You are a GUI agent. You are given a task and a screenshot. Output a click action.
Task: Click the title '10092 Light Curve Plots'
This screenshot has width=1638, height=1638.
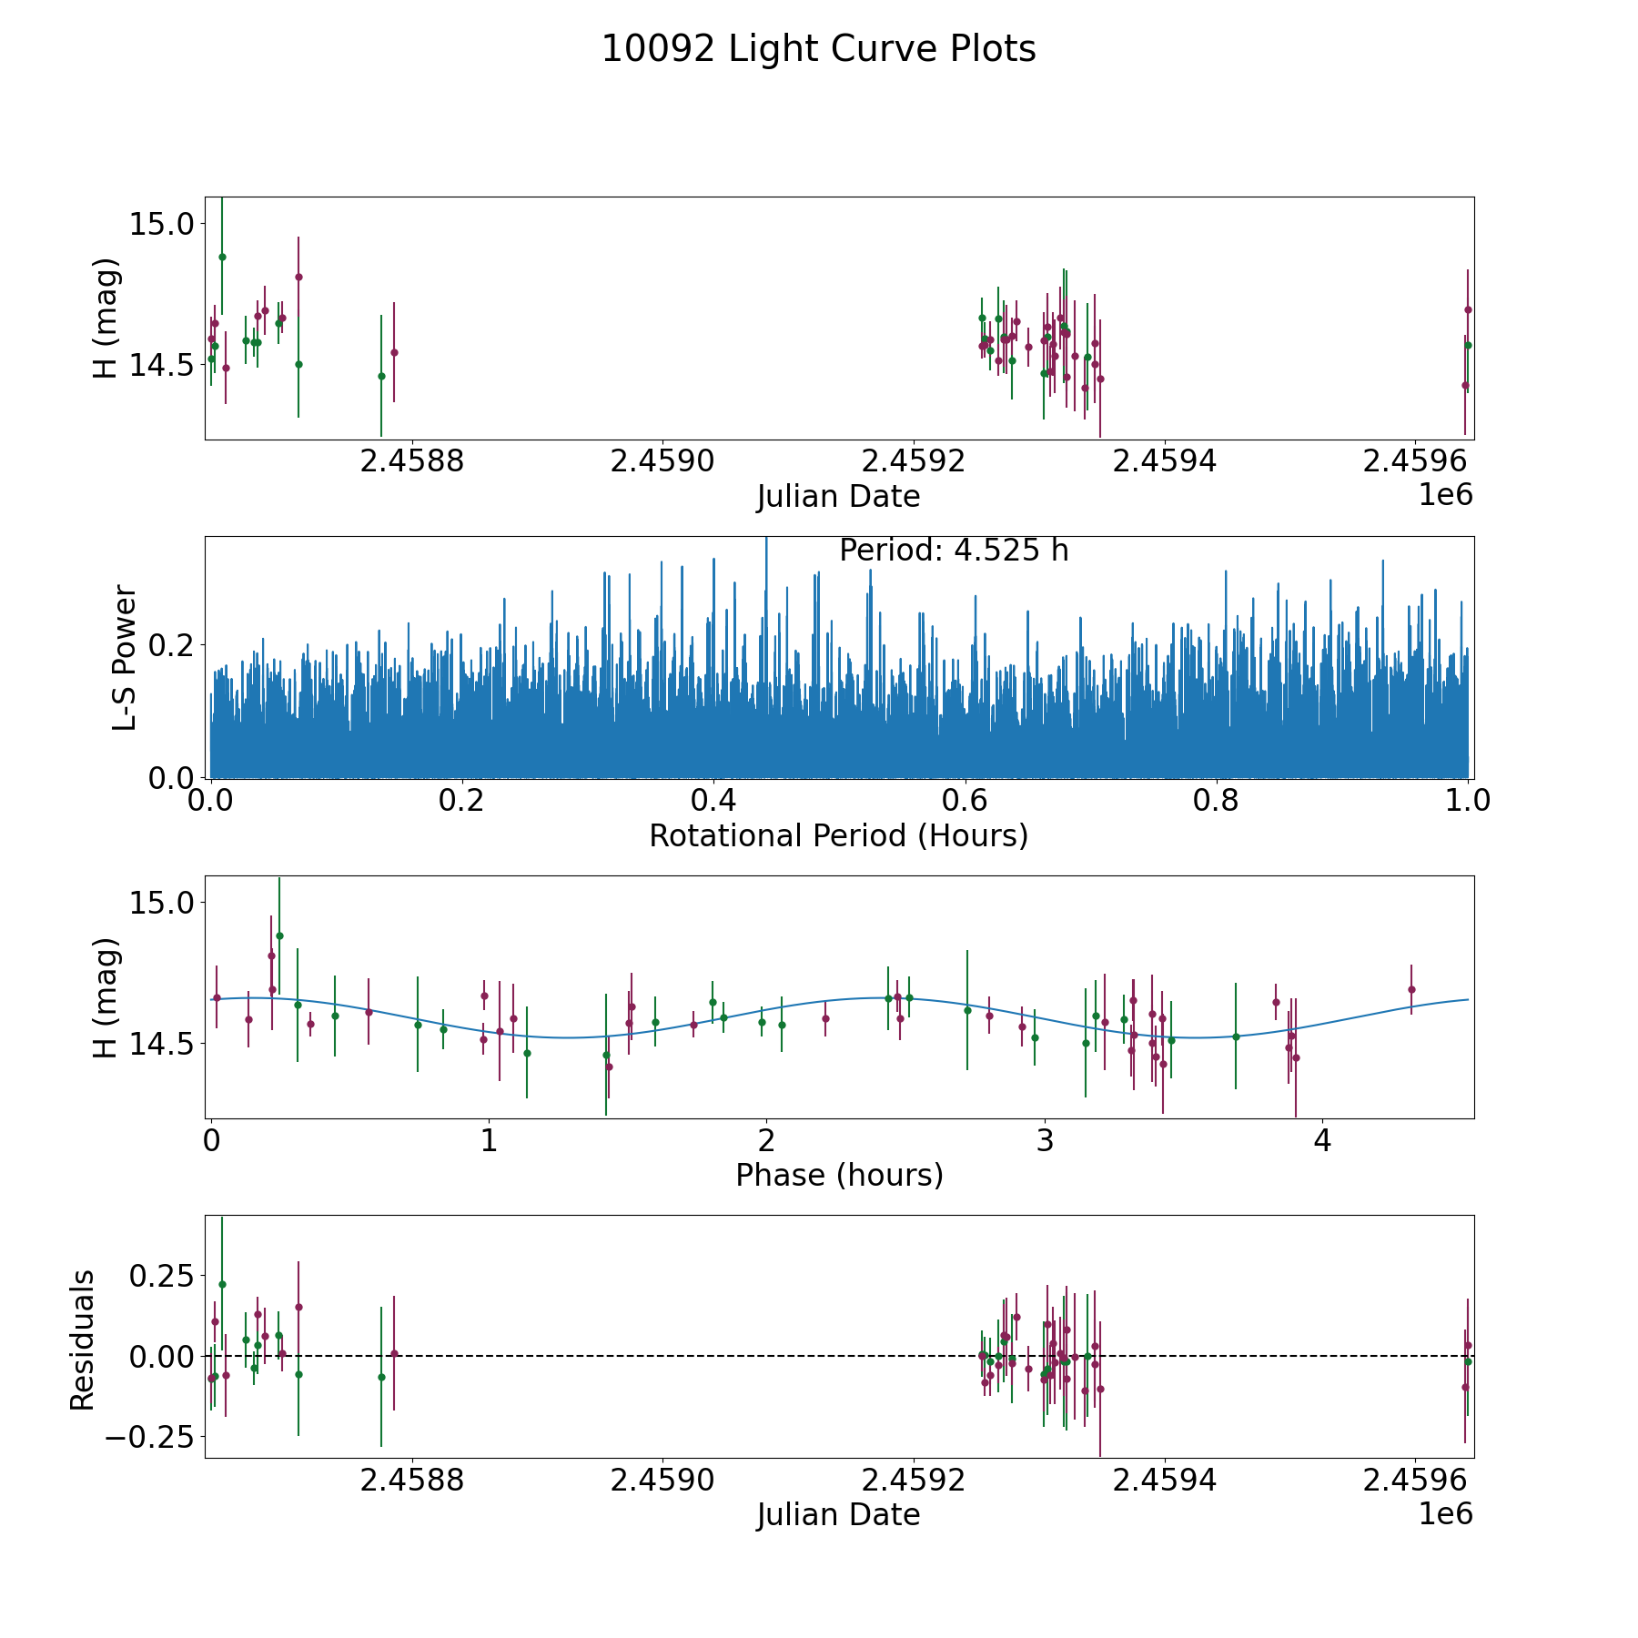pyautogui.click(x=818, y=49)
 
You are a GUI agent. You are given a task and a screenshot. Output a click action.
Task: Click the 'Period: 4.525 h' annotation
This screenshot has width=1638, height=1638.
pyautogui.click(x=953, y=551)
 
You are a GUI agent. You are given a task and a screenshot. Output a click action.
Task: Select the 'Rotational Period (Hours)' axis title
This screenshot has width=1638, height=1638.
pyautogui.click(x=838, y=835)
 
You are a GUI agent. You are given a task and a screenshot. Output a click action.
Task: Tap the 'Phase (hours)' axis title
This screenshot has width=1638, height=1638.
pyautogui.click(x=839, y=1175)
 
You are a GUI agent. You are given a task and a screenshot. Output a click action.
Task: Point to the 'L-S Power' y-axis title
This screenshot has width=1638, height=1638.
pyautogui.click(x=125, y=657)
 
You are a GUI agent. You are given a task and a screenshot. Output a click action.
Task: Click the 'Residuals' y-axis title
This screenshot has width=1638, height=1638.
pyautogui.click(x=83, y=1340)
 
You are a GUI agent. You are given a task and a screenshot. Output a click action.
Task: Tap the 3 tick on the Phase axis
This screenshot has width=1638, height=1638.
pyautogui.click(x=1045, y=1141)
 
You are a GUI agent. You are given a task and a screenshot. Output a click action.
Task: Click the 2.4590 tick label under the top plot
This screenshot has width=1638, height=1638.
pyautogui.click(x=663, y=462)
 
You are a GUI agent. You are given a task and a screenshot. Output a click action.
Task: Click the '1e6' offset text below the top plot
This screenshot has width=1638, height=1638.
pyautogui.click(x=1445, y=495)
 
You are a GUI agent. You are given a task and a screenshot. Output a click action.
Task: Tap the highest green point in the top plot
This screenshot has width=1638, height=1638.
pyautogui.click(x=222, y=257)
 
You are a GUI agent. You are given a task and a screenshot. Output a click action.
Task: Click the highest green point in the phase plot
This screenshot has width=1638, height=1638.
pyautogui.click(x=279, y=935)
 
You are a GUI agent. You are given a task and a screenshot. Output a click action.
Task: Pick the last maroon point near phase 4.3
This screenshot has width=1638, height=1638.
pyautogui.click(x=1411, y=989)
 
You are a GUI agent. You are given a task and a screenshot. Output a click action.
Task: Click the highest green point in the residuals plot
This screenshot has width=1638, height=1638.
pyautogui.click(x=222, y=1284)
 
